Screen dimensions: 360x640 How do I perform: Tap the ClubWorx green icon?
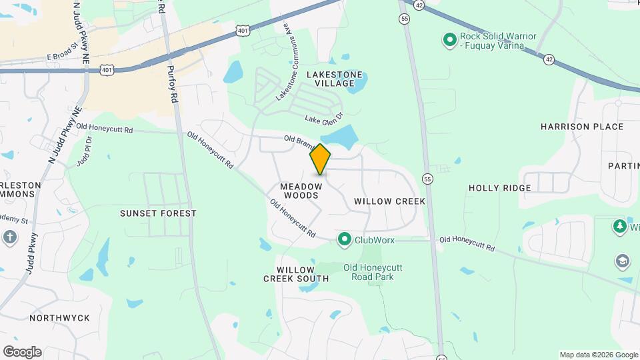tap(345, 239)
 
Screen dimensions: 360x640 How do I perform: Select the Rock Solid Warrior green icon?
tap(450, 41)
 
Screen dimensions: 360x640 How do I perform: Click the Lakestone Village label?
tap(335, 79)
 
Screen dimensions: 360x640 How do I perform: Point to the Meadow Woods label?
tap(299, 191)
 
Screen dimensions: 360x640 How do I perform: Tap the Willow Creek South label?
tap(295, 273)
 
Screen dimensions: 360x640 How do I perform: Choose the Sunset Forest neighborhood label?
tap(158, 213)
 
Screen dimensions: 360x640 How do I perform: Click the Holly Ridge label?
tap(499, 188)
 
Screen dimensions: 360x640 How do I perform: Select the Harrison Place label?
tap(582, 127)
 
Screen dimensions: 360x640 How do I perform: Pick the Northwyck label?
tap(59, 318)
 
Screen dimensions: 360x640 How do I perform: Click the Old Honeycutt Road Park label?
tap(373, 272)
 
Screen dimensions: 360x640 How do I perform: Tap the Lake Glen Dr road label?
tap(323, 118)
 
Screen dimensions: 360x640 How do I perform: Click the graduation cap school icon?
tap(622, 260)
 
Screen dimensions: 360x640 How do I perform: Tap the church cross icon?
tap(10, 237)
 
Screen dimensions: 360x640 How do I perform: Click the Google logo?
tap(22, 352)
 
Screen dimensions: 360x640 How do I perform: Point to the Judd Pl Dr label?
tap(83, 153)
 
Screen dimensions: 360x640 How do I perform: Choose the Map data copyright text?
tap(598, 355)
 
